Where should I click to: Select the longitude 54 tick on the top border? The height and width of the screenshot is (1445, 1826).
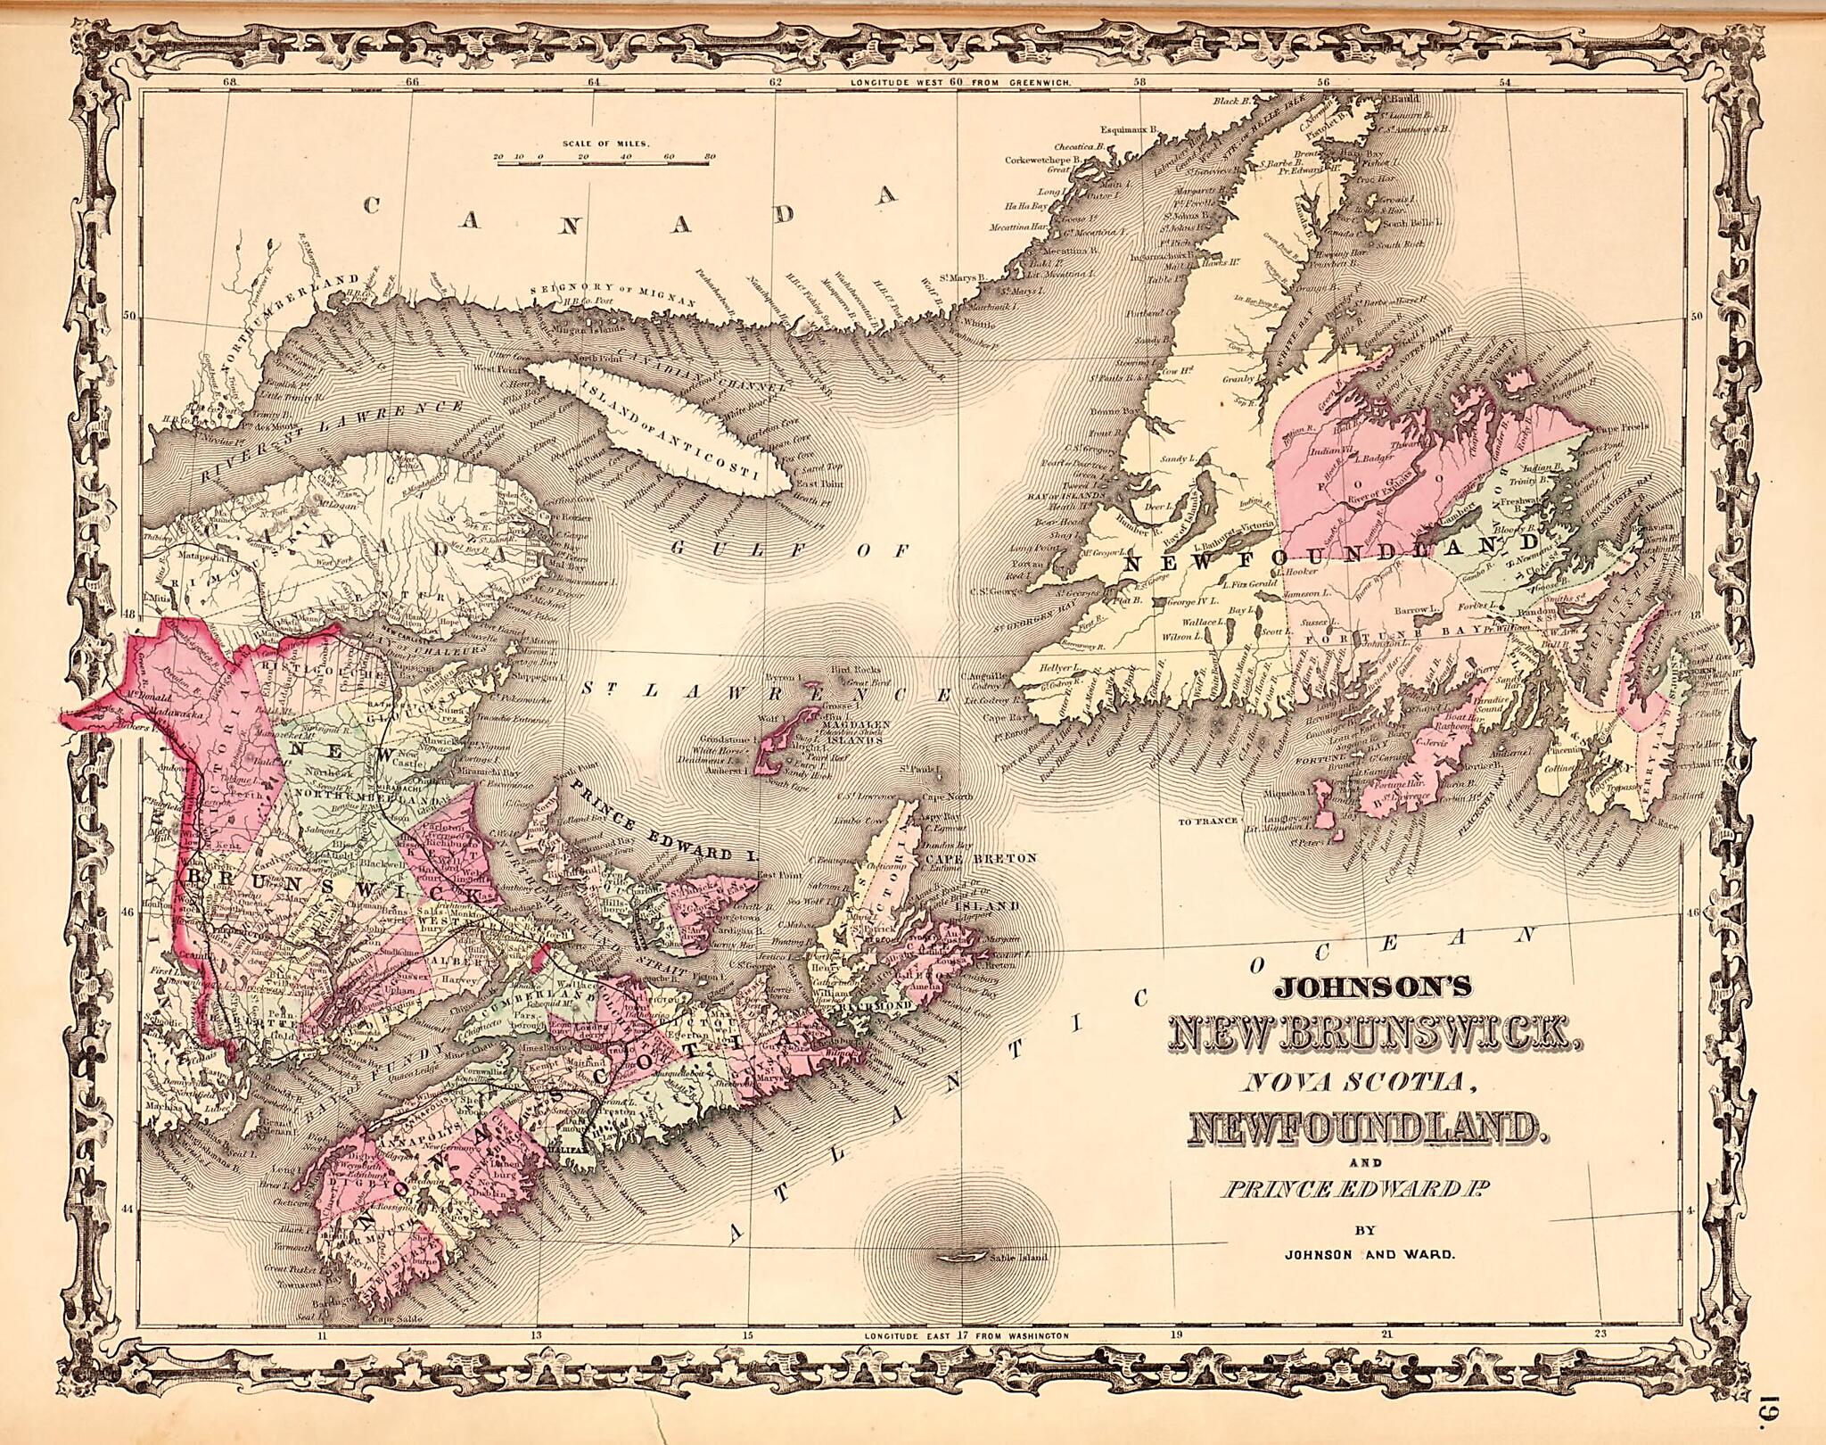point(1506,83)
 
